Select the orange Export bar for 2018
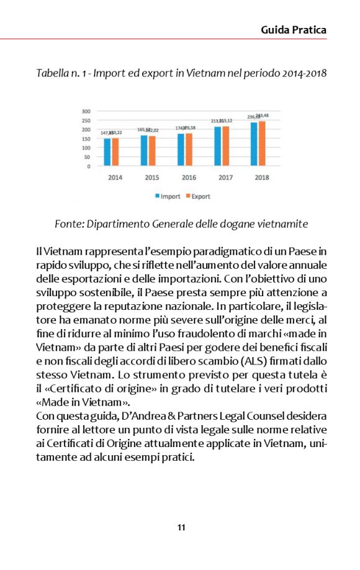pyautogui.click(x=262, y=143)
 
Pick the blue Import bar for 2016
pyautogui.click(x=181, y=150)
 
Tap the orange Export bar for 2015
pyautogui.click(x=152, y=151)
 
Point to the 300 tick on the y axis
pyautogui.click(x=86, y=112)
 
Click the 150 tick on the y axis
pyautogui.click(x=86, y=139)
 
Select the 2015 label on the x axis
pyautogui.click(x=151, y=178)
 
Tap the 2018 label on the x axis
pyautogui.click(x=261, y=178)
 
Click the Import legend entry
pyautogui.click(x=167, y=197)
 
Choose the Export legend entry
pyautogui.click(x=197, y=197)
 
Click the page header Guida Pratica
pyautogui.click(x=294, y=30)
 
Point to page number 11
pyautogui.click(x=181, y=528)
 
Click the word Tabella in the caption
pyautogui.click(x=54, y=74)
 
